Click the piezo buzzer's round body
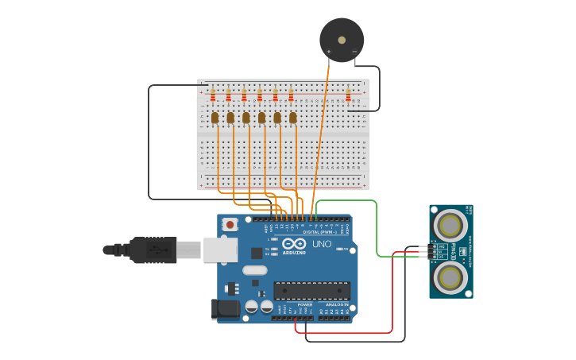point(342,40)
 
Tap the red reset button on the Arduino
point(230,225)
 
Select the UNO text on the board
point(322,244)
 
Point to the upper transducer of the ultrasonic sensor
point(450,225)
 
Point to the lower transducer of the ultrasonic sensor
point(450,277)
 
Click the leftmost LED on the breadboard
point(215,118)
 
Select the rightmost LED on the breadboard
point(292,118)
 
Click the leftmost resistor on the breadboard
point(212,96)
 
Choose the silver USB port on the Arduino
point(220,250)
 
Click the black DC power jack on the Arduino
point(226,309)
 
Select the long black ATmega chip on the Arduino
point(311,290)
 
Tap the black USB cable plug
point(151,250)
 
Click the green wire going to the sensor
point(376,230)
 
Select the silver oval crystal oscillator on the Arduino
point(255,270)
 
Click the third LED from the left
point(245,118)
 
